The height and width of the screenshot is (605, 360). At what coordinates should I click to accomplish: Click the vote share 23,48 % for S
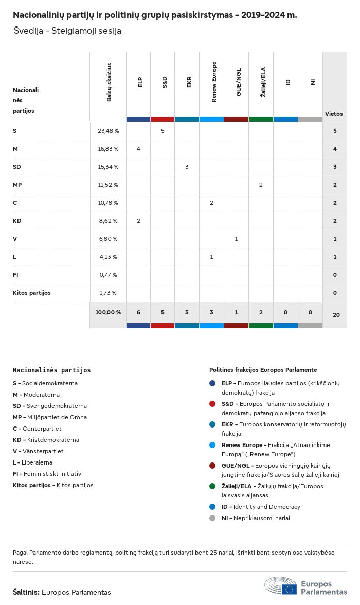(x=108, y=131)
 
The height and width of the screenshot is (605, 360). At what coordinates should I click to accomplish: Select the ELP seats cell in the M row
(x=138, y=149)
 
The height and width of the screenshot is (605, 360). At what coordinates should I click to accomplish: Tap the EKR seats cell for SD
(x=187, y=167)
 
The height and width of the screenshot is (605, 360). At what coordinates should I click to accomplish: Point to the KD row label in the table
(x=17, y=221)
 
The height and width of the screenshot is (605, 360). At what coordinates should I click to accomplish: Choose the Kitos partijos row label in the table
(x=32, y=293)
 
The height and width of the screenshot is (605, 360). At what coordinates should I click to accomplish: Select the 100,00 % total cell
(x=108, y=312)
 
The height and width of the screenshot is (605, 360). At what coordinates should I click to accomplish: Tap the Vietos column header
(x=334, y=114)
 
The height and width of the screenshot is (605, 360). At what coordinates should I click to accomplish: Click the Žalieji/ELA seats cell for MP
(x=261, y=185)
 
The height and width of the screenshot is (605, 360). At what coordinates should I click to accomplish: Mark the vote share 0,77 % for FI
(x=108, y=275)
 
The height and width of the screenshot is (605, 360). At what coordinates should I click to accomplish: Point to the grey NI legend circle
(x=212, y=518)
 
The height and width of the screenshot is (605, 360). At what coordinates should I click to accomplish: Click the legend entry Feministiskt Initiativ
(x=51, y=474)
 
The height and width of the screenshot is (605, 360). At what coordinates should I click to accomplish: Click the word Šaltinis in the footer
(x=26, y=592)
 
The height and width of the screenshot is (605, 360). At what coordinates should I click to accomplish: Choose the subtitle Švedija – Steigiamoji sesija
(x=68, y=31)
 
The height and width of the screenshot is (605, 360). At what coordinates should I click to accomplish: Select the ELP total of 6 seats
(x=138, y=312)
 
